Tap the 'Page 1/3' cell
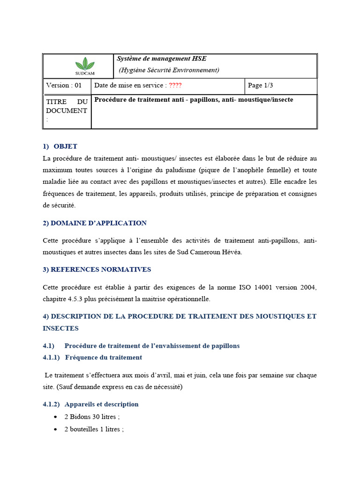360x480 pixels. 260,85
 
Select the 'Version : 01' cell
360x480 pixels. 64,85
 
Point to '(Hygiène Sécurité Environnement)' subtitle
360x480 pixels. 169,70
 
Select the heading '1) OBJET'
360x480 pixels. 60,146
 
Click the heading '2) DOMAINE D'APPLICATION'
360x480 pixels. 94,223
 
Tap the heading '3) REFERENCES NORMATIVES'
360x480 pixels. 97,269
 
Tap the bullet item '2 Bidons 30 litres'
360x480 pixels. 92,417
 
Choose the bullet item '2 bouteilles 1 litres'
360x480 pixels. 94,429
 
